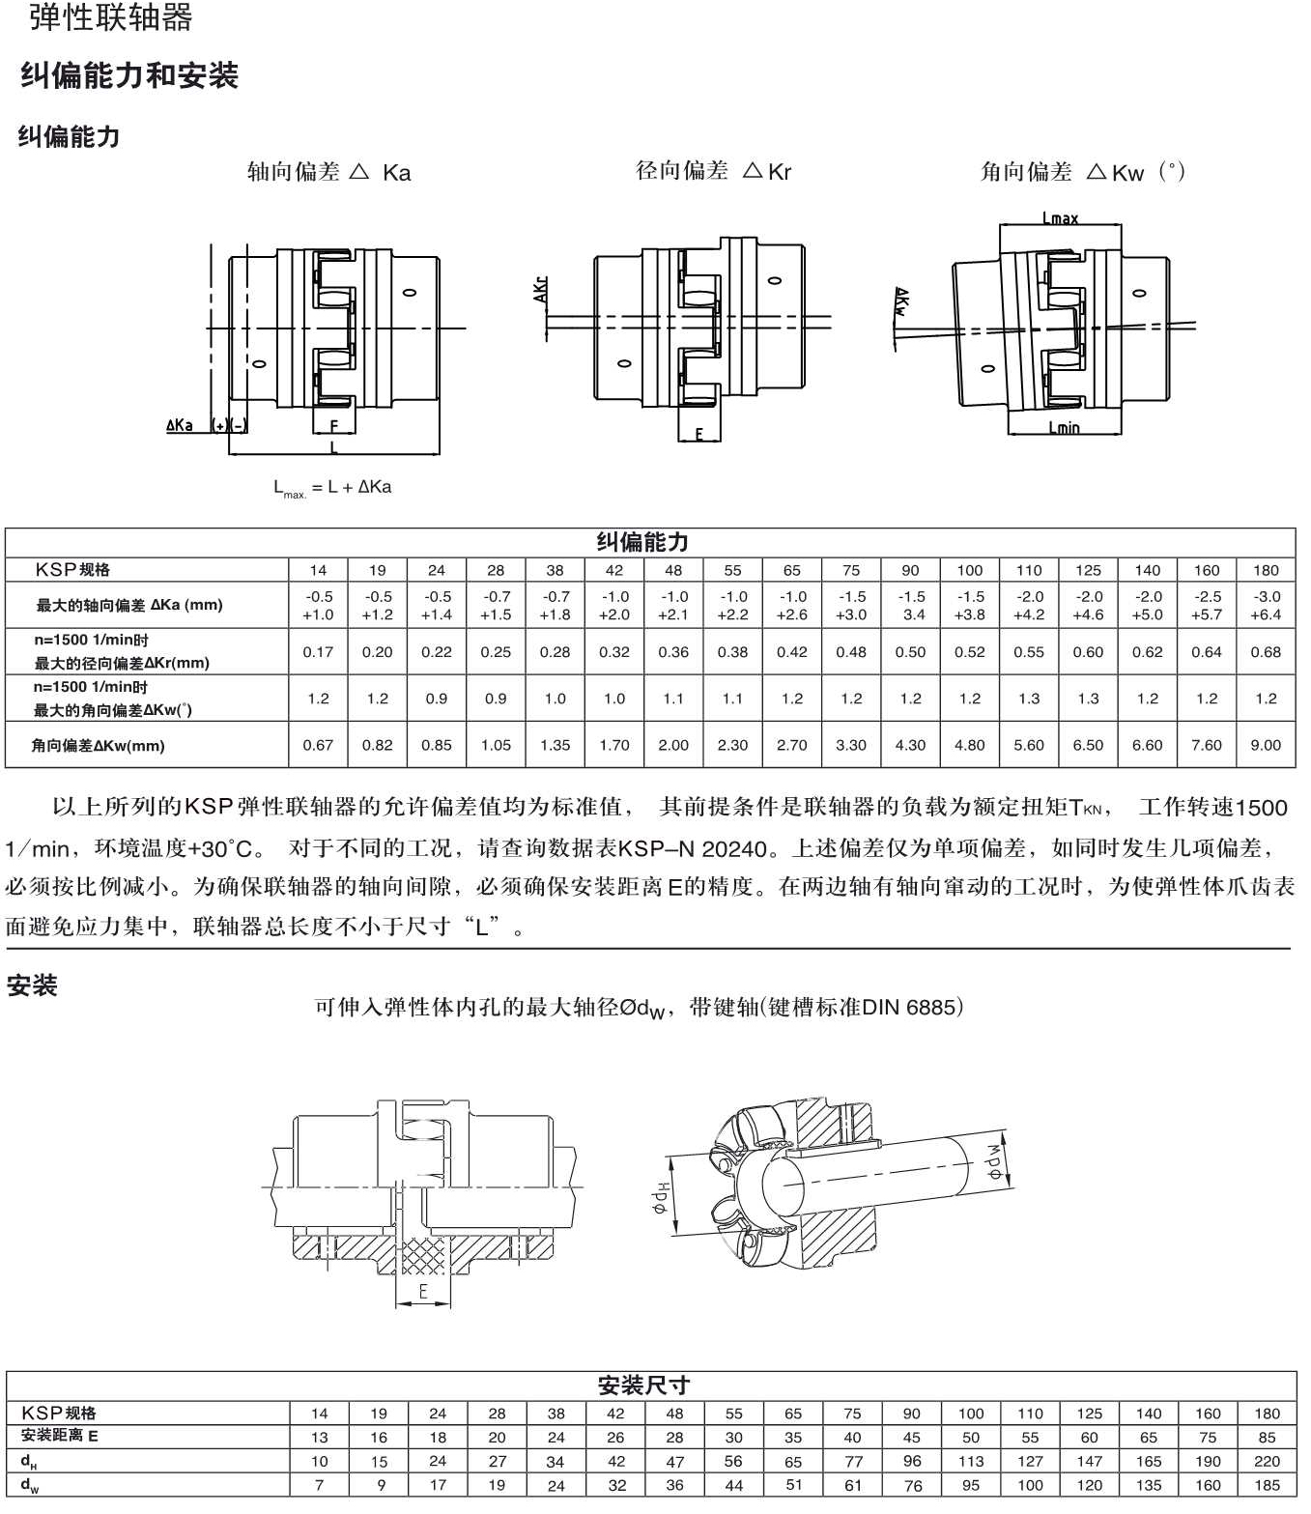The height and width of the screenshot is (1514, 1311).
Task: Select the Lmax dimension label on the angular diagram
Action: [x=1060, y=218]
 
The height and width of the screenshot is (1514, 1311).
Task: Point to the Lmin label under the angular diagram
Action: [x=1064, y=427]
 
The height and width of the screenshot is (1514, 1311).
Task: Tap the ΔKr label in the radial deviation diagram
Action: [x=541, y=290]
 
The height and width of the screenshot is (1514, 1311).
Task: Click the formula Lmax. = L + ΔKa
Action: [x=332, y=488]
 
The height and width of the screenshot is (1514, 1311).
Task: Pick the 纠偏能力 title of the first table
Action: [x=641, y=542]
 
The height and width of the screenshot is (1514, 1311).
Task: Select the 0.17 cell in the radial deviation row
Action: [x=318, y=652]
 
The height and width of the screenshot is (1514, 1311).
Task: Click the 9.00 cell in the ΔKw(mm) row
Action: [x=1265, y=745]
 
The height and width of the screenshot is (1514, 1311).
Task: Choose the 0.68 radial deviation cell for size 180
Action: [x=1265, y=652]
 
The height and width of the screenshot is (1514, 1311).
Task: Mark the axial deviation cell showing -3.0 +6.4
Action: [x=1265, y=606]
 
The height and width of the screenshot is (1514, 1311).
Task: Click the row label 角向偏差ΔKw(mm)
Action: [x=99, y=746]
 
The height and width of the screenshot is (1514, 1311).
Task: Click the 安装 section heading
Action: [x=32, y=986]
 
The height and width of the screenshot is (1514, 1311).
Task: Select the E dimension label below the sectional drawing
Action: [x=423, y=1292]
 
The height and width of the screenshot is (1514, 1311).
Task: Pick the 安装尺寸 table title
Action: [x=643, y=1385]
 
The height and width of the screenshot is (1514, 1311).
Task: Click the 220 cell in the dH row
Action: [x=1266, y=1461]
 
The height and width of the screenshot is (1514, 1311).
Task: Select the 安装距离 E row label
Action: [x=60, y=1436]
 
